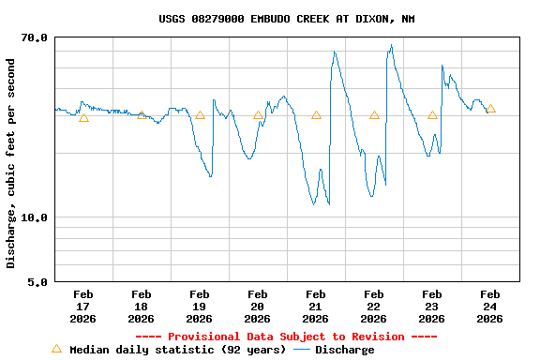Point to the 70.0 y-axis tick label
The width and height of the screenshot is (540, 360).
pos(35,37)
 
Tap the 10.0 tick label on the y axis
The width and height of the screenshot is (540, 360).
pos(35,217)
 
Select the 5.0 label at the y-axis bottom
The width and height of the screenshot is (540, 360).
pos(37,281)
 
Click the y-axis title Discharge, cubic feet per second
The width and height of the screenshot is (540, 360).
pos(11,163)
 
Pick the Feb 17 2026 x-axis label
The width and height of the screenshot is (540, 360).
pos(82,307)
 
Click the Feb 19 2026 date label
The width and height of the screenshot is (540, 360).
pos(199,307)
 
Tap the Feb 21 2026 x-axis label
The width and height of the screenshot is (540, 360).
pos(315,307)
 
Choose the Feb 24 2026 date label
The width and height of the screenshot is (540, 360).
pos(489,307)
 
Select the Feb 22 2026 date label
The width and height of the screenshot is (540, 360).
pos(373,307)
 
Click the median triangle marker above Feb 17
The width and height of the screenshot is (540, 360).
pos(83,117)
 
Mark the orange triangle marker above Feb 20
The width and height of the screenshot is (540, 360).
pos(258,116)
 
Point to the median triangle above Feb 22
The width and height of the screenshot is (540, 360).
pos(374,115)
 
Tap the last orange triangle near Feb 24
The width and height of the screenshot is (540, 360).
pos(490,109)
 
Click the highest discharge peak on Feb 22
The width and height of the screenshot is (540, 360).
pos(391,45)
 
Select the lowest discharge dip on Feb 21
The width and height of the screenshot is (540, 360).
pos(314,203)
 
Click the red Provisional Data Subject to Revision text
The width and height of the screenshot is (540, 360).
pos(286,337)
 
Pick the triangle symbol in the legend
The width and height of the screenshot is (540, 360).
pos(56,349)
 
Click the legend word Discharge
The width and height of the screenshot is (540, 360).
pos(344,350)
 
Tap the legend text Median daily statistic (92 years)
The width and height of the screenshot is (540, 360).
pos(177,350)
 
